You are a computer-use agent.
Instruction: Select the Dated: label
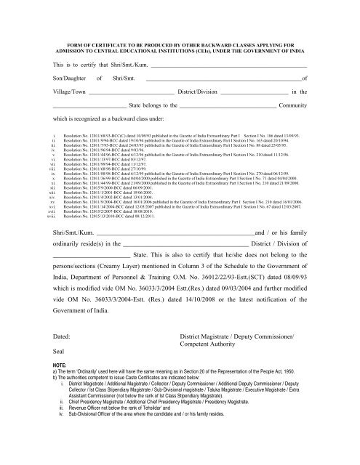pos(63,338)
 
